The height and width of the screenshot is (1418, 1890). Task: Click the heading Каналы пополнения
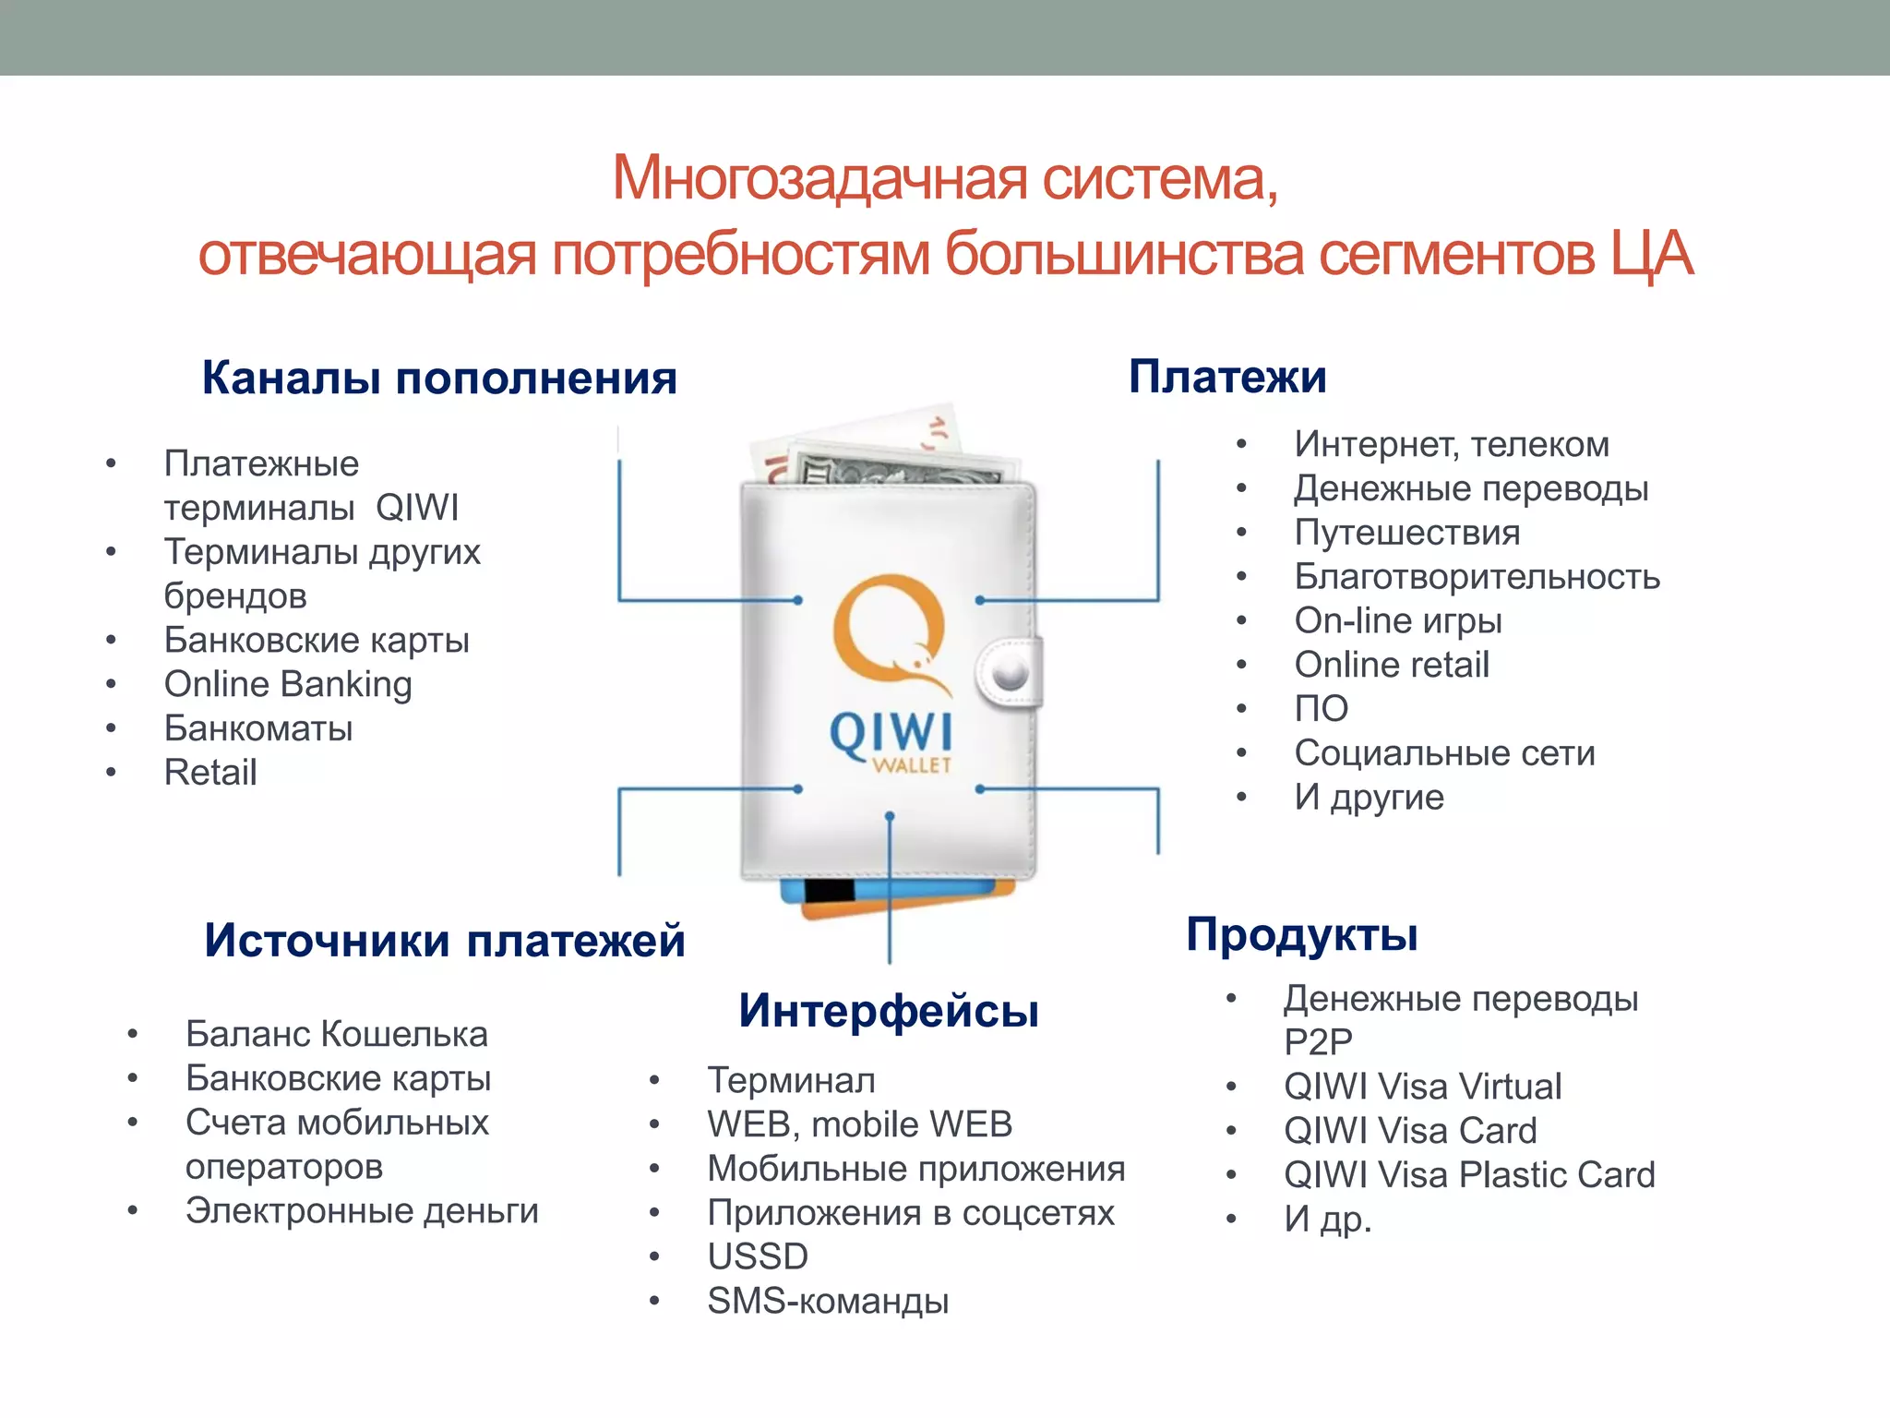[439, 378]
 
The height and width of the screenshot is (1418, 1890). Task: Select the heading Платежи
[1227, 377]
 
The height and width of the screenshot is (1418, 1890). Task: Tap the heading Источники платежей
[444, 940]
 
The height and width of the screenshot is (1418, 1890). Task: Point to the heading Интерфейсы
[889, 1010]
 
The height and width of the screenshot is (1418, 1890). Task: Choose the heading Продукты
[1301, 934]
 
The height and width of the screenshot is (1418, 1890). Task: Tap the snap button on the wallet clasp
[1011, 672]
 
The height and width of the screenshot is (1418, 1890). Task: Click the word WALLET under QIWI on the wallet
[912, 765]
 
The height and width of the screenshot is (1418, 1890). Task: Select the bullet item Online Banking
[288, 684]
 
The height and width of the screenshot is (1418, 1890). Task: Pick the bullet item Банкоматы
[258, 728]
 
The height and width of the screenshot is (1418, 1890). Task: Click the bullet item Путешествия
[1407, 533]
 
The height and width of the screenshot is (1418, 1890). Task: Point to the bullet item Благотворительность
[1477, 577]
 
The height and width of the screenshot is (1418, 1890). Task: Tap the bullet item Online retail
[1392, 665]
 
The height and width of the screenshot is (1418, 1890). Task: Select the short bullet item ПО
[1322, 709]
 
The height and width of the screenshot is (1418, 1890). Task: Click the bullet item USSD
[758, 1256]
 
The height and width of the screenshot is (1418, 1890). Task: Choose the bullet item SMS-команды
[828, 1301]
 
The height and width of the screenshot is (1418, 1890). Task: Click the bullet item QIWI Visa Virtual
[1422, 1087]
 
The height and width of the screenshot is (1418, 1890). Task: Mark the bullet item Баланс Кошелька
[336, 1034]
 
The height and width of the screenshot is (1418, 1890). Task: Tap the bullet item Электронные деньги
[362, 1211]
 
